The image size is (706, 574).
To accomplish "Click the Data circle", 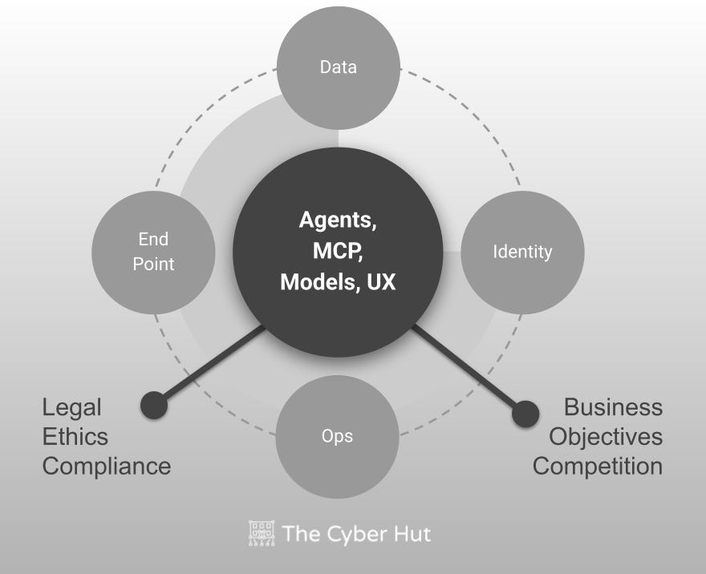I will pyautogui.click(x=338, y=67).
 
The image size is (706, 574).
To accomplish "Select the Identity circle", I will pyautogui.click(x=522, y=252).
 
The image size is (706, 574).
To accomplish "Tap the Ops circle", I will pyautogui.click(x=338, y=436).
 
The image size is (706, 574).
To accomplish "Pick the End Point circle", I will pyautogui.click(x=154, y=252).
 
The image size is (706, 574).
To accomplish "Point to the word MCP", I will pyautogui.click(x=338, y=251).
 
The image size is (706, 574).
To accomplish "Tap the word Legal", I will pyautogui.click(x=72, y=407).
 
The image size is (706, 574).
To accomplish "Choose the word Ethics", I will pyautogui.click(x=75, y=437).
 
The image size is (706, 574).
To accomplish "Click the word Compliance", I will pyautogui.click(x=107, y=466).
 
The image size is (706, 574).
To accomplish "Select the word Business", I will pyautogui.click(x=614, y=407).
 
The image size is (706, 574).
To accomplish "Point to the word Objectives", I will pyautogui.click(x=606, y=437).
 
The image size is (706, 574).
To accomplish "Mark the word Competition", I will pyautogui.click(x=598, y=466).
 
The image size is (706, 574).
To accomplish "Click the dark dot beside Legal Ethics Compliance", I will pyautogui.click(x=154, y=405).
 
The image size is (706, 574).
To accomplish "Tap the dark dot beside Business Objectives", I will pyautogui.click(x=525, y=414).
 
